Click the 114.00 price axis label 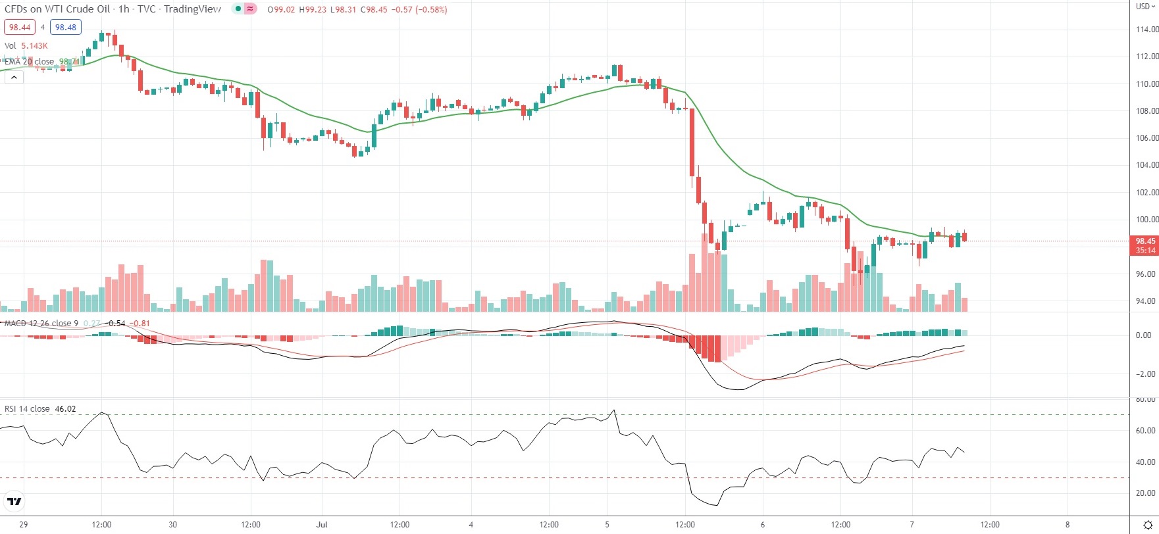1146,30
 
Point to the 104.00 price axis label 1146,165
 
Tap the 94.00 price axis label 1146,301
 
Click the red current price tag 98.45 1145,241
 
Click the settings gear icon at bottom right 1148,525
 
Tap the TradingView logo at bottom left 14,502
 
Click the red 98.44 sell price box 20,28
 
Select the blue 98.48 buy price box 66,28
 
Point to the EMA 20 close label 30,62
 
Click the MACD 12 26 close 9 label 41,324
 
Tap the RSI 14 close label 27,409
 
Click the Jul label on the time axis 322,525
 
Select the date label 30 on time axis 172,525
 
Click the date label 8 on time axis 1068,525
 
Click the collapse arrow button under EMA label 14,77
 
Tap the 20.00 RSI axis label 1146,493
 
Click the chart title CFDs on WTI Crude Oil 57,9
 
